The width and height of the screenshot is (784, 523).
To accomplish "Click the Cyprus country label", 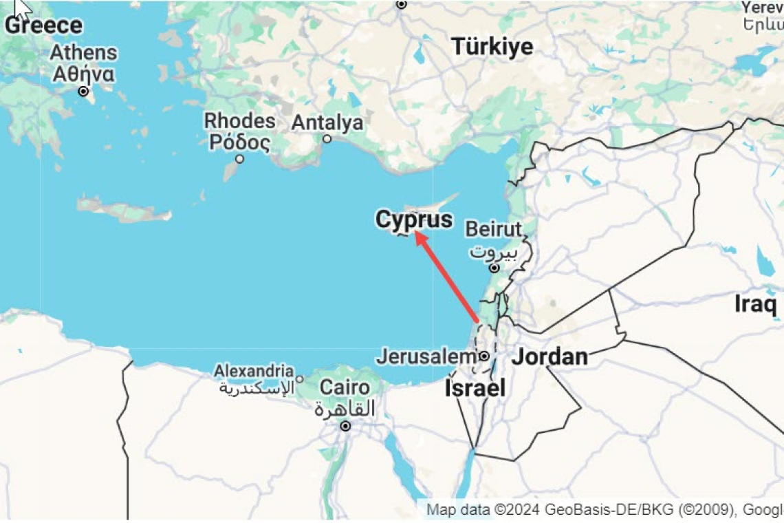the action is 414,220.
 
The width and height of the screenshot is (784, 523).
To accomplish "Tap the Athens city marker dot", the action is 84,92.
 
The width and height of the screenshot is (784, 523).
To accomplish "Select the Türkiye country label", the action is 492,47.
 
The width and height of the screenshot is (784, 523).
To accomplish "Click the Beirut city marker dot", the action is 494,268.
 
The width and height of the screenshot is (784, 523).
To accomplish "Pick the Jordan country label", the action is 549,356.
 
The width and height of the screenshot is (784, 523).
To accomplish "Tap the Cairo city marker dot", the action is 345,427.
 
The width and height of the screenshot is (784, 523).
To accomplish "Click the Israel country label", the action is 475,388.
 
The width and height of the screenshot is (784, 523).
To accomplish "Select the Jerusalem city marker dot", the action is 484,356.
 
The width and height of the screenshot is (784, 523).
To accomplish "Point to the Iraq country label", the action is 756,303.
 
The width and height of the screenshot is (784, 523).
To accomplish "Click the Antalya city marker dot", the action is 327,139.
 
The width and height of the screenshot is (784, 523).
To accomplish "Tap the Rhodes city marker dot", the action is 240,159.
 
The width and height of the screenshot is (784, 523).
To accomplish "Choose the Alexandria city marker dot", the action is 299,379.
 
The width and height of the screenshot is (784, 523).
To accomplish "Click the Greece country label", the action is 43,26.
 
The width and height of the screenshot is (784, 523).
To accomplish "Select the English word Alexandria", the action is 254,371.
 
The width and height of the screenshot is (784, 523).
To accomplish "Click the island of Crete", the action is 124,209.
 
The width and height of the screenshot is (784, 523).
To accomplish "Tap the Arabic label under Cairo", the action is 345,409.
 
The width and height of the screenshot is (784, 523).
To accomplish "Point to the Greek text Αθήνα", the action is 83,73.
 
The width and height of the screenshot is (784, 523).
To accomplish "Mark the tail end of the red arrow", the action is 477,321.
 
